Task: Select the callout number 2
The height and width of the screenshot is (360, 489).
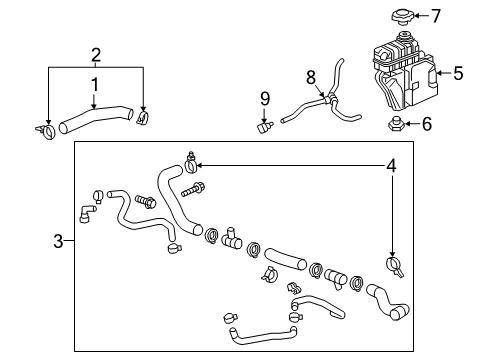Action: point(95,53)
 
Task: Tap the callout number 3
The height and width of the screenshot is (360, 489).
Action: point(58,241)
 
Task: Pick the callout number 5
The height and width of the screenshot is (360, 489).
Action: point(459,72)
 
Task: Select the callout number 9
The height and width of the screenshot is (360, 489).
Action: point(265,98)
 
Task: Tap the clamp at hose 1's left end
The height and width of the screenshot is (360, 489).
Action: point(45,129)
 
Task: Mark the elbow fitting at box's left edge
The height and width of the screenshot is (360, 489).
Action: point(86,212)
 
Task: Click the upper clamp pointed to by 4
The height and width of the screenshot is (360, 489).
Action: point(190,158)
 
